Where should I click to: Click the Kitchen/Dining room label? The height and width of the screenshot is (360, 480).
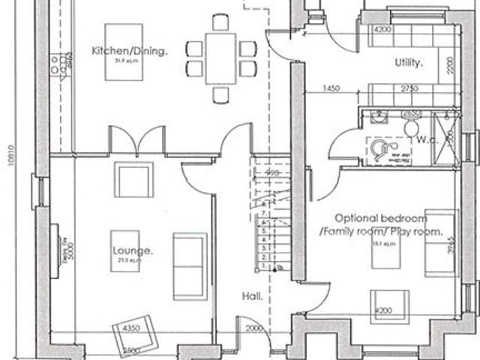[129, 51]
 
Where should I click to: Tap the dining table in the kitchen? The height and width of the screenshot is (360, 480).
[220, 58]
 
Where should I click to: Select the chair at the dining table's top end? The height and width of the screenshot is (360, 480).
[220, 22]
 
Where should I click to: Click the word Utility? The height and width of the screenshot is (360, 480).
[409, 63]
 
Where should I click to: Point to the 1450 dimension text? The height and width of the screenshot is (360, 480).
[332, 88]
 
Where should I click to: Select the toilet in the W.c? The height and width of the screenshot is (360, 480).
[410, 127]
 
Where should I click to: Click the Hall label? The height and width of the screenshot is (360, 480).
[252, 297]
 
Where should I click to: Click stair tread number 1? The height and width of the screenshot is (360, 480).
[263, 266]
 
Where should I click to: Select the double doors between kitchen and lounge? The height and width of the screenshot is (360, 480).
[136, 141]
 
